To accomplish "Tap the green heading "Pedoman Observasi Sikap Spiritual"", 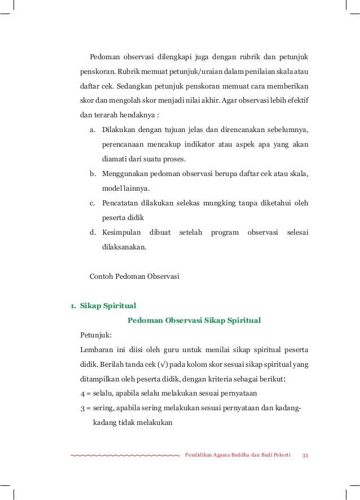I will click(x=194, y=321).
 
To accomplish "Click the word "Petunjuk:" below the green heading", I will click(x=96, y=335).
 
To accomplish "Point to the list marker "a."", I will click(x=93, y=130).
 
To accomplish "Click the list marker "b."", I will click(x=93, y=174).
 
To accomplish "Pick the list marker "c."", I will click(x=93, y=203).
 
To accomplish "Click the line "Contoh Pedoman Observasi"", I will click(x=134, y=277).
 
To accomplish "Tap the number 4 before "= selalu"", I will click(x=83, y=394).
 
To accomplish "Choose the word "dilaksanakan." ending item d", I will click(x=123, y=247).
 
